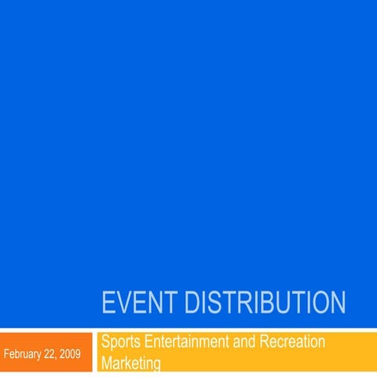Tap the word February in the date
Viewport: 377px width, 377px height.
pyautogui.click(x=24, y=353)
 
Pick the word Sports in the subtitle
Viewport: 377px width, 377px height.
pyautogui.click(x=122, y=342)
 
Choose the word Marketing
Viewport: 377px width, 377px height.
pyautogui.click(x=131, y=364)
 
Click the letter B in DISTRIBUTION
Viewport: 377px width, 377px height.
pyautogui.click(x=262, y=302)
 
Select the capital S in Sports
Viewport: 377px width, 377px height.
pyautogui.click(x=106, y=342)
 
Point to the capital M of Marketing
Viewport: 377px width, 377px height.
pyautogui.click(x=108, y=364)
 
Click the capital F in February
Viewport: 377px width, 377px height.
pyautogui.click(x=7, y=353)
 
